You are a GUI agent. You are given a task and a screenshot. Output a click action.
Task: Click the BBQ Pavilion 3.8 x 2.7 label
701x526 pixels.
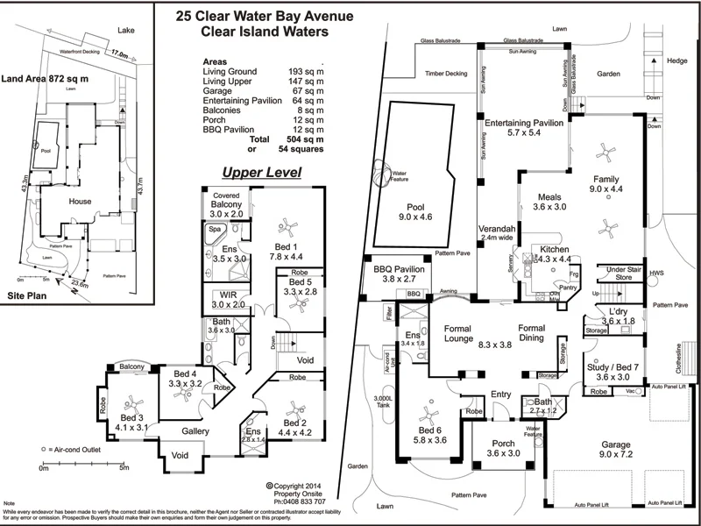399,273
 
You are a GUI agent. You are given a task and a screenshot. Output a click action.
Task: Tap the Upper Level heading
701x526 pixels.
261,172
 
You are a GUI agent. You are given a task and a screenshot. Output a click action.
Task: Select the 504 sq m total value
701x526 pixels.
306,139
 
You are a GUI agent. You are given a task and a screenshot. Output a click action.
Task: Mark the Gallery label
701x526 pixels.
196,431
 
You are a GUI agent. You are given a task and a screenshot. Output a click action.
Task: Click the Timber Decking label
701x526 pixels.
442,74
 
